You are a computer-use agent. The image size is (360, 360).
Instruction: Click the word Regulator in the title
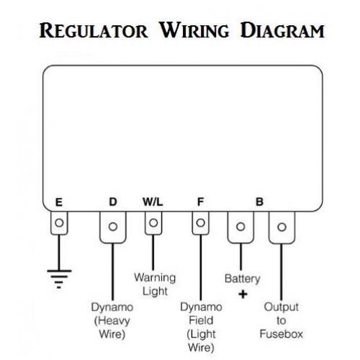(x=94, y=30)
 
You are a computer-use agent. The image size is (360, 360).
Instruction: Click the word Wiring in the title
(x=194, y=30)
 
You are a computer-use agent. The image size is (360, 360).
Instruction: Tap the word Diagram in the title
(x=282, y=30)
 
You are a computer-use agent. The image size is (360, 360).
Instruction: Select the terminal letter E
(x=59, y=202)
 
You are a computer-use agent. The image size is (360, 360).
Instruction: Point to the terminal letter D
(x=113, y=202)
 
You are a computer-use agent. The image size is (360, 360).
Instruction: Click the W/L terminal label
(x=153, y=202)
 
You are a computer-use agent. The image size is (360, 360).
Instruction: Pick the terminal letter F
(x=200, y=202)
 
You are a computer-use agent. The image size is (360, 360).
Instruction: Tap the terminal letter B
(x=259, y=202)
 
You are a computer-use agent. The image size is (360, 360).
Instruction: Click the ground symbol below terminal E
(x=59, y=279)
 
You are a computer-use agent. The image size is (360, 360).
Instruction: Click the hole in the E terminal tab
(x=59, y=222)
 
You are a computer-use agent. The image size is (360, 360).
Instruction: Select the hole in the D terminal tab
(x=113, y=226)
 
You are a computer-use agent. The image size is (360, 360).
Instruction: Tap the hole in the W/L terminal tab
(x=153, y=222)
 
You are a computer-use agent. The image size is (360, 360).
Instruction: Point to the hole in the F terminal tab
(x=200, y=222)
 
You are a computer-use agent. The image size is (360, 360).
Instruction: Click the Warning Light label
(x=155, y=284)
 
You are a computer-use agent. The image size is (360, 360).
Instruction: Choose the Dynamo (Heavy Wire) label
(x=112, y=320)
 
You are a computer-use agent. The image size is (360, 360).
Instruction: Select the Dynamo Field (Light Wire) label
(x=201, y=327)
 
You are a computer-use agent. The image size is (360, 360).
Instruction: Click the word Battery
(x=243, y=279)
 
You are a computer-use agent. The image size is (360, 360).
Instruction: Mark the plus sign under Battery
(x=243, y=294)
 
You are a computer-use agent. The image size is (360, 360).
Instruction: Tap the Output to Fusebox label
(x=282, y=320)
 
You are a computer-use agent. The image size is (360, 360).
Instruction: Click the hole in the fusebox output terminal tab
(x=282, y=227)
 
